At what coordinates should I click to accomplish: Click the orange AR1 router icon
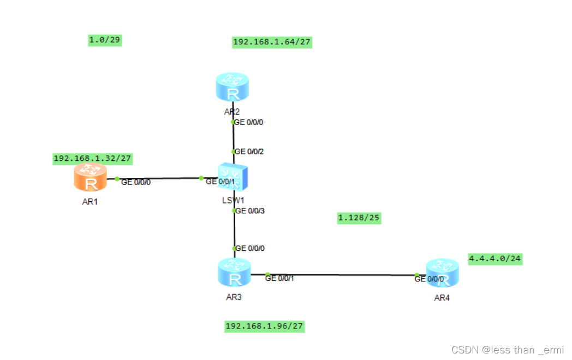91,178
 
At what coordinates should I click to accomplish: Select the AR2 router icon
233,87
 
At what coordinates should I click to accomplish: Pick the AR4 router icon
443,273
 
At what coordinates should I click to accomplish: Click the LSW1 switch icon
233,177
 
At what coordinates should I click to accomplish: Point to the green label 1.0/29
105,40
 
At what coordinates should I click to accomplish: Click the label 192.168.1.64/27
272,42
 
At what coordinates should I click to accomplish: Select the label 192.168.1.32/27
93,158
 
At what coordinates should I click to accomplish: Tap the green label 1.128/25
359,218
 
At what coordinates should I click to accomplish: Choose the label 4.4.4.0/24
495,259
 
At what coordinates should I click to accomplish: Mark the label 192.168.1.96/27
265,326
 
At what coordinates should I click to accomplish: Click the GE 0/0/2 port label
249,152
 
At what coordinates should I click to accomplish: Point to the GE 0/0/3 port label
249,211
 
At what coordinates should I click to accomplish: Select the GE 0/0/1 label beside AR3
279,279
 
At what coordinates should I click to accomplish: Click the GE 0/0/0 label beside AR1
135,182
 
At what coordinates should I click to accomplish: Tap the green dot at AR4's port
416,275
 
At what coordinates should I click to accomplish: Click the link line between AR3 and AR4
341,275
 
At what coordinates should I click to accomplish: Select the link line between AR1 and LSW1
158,178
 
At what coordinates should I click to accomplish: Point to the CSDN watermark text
508,350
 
